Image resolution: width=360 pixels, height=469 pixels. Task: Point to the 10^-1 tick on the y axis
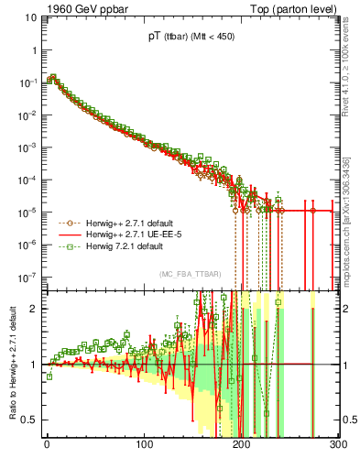pos(27,82)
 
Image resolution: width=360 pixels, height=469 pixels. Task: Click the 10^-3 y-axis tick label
pos(27,147)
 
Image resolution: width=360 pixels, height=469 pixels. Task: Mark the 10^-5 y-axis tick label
pos(27,212)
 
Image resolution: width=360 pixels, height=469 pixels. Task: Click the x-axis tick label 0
pos(47,446)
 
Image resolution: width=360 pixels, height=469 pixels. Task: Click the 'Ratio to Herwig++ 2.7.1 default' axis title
pos(11,363)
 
